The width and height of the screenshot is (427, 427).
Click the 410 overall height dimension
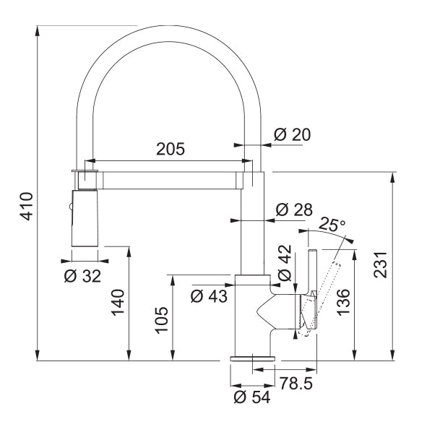(x=25, y=206)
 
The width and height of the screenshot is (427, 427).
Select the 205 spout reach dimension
(x=171, y=150)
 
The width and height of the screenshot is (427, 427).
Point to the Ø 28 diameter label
(x=294, y=210)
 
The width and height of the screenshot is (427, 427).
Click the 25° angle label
(x=332, y=224)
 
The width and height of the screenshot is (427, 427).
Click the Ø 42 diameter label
(x=284, y=265)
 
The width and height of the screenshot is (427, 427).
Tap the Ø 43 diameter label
(x=209, y=295)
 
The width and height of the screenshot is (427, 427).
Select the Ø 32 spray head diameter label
(x=82, y=275)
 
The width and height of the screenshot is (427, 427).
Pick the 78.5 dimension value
(x=295, y=383)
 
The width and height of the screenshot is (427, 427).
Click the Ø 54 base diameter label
(x=251, y=397)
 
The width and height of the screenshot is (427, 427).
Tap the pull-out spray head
(x=85, y=217)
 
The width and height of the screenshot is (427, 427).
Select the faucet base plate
(x=251, y=358)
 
